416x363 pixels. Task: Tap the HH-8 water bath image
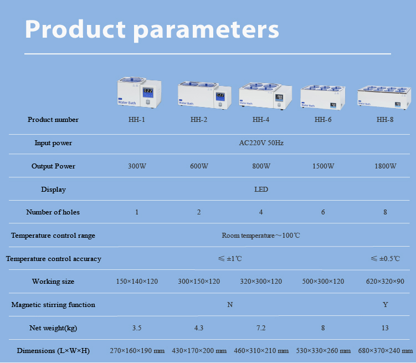[385, 96]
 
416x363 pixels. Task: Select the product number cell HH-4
[261, 120]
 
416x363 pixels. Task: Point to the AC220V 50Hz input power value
[261, 143]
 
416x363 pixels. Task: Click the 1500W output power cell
[323, 166]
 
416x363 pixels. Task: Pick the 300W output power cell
[137, 166]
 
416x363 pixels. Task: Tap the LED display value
[261, 190]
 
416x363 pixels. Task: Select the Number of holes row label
[53, 212]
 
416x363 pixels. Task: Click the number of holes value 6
[323, 212]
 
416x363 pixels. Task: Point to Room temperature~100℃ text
[261, 236]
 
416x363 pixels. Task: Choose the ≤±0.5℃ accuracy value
[385, 259]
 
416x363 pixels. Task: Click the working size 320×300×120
[261, 282]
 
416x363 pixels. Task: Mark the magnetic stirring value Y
[385, 305]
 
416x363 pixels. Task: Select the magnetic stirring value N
[230, 305]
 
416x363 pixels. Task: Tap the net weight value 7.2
[261, 328]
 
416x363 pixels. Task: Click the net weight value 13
[385, 328]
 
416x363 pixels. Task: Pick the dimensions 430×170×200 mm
[199, 351]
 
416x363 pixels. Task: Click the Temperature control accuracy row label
[53, 259]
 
